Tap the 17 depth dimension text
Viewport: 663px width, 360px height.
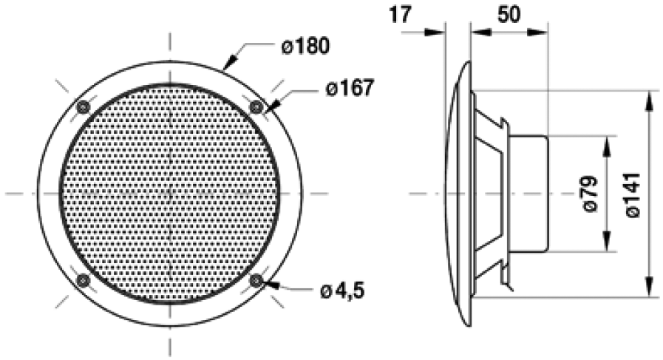click(x=400, y=15)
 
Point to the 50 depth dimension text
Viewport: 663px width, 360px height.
click(x=507, y=15)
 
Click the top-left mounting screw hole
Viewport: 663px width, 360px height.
click(x=83, y=107)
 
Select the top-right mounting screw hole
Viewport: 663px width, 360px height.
click(x=256, y=107)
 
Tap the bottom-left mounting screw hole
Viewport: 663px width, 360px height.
click(x=83, y=280)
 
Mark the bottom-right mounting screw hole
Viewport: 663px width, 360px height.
click(x=256, y=280)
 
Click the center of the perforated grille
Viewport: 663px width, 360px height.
click(x=169, y=194)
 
